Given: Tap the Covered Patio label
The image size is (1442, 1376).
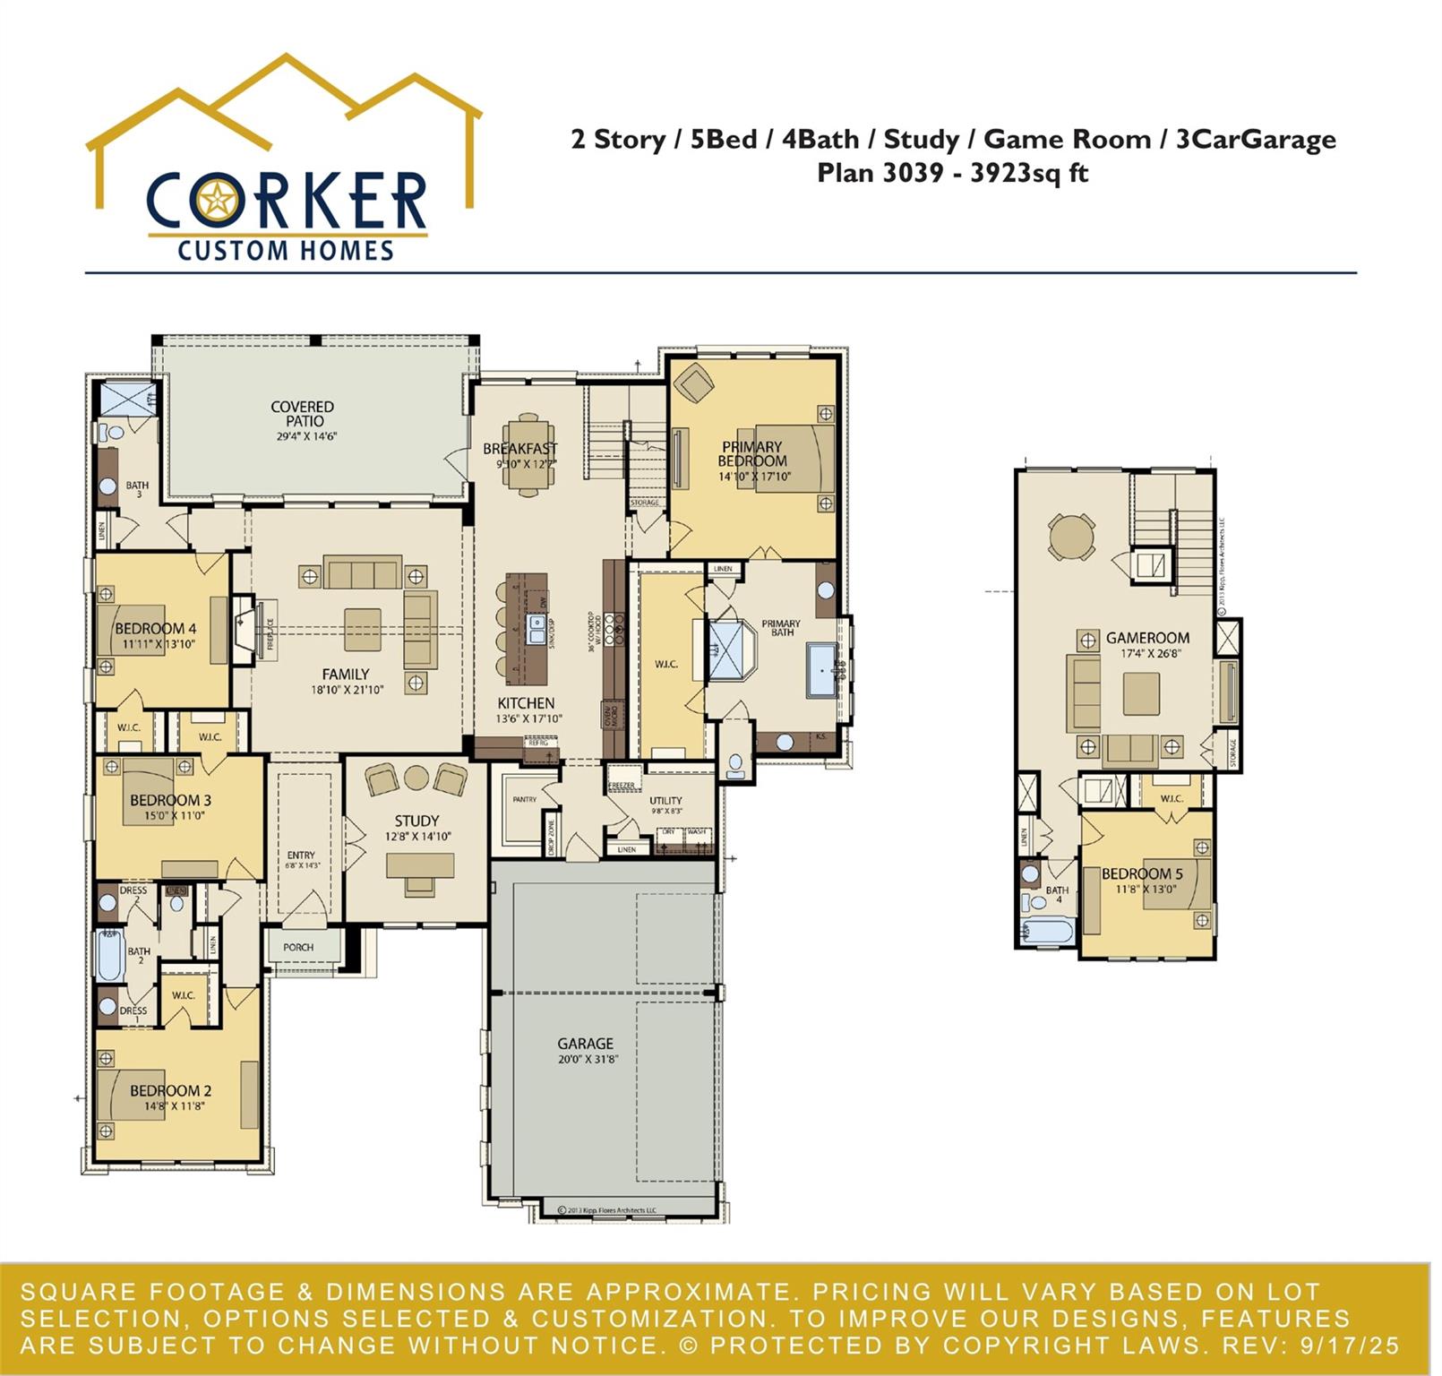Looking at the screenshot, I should pyautogui.click(x=303, y=414).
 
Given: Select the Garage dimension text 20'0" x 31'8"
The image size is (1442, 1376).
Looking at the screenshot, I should pyautogui.click(x=586, y=1059).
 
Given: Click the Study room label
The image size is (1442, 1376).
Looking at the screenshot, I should pyautogui.click(x=416, y=821).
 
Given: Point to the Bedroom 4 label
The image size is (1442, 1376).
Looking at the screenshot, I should pyautogui.click(x=156, y=629).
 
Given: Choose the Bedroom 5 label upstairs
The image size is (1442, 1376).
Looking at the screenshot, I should pyautogui.click(x=1142, y=873).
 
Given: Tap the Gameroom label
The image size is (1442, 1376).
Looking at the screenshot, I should pyautogui.click(x=1147, y=638).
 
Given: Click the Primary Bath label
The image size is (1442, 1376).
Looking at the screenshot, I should pyautogui.click(x=781, y=628).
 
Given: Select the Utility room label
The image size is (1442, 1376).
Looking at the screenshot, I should pyautogui.click(x=665, y=801).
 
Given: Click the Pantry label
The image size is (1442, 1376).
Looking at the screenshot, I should pyautogui.click(x=524, y=799).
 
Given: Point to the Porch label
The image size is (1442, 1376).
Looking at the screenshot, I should pyautogui.click(x=298, y=947).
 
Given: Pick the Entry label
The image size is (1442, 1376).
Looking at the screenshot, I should pyautogui.click(x=301, y=856).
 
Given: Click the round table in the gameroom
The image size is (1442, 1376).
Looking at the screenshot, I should pyautogui.click(x=1071, y=537).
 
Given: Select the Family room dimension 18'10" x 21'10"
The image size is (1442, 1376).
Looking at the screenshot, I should pyautogui.click(x=347, y=690).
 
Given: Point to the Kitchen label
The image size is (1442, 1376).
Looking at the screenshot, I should pyautogui.click(x=526, y=703).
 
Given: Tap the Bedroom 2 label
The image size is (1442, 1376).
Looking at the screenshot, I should pyautogui.click(x=170, y=1090).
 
